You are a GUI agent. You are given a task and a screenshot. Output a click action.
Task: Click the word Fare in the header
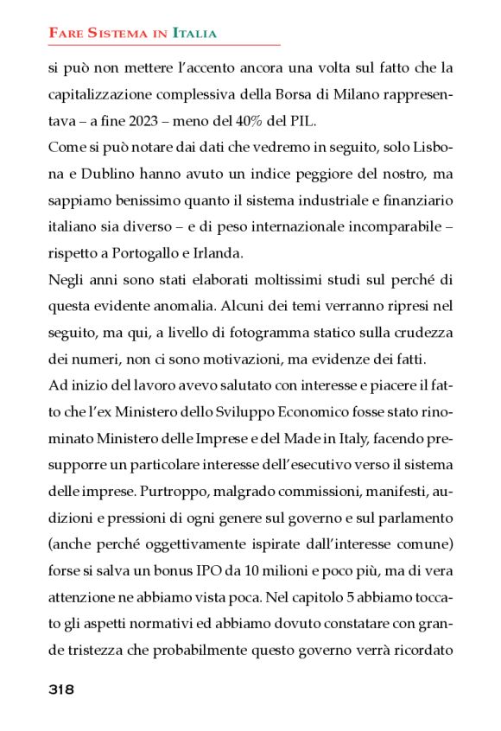click(x=64, y=34)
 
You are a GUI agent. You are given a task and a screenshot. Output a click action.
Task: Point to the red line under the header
click(x=164, y=44)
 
